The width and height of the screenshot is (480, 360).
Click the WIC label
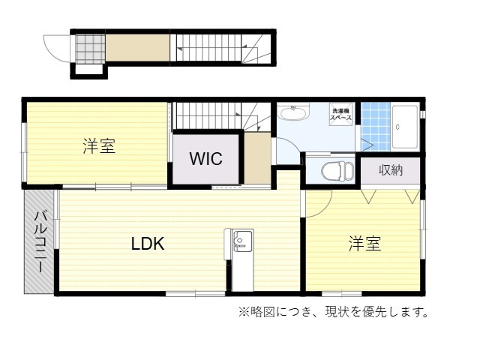pos(205,158)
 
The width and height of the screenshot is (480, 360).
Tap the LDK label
pos(148,244)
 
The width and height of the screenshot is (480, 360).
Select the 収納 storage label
pos(390,170)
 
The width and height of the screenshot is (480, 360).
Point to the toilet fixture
pos(337,170)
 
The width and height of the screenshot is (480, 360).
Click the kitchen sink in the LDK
pos(243,241)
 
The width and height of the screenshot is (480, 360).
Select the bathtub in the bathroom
pos(405,127)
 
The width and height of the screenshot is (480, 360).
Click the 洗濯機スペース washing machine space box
pos(340,114)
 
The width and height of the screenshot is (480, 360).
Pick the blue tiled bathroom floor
pos(375,127)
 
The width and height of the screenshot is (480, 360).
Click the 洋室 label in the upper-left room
pos(99,146)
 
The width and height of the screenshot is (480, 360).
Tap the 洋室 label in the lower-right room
pos(364,244)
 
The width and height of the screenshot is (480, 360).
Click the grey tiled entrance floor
pos(90,49)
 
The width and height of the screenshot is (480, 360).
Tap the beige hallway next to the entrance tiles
pos(137,47)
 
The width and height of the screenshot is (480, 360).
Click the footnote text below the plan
pos(334,312)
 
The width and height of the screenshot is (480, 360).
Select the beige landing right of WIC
pos(257,158)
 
